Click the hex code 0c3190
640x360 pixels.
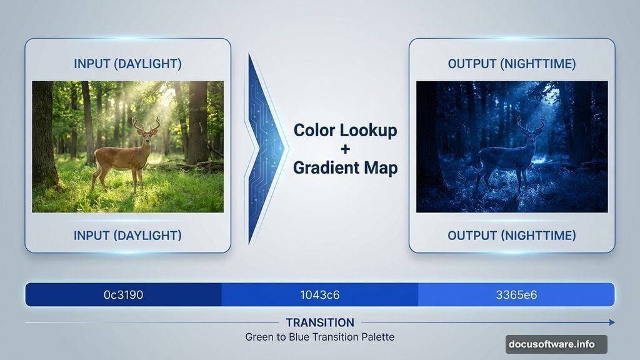123,294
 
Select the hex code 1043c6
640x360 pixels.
319,294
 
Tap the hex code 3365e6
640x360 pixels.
516,294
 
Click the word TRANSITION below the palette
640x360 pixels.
319,322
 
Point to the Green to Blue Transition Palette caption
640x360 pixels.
319,337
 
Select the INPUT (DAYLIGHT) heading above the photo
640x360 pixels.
127,64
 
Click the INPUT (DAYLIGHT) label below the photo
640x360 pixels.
127,236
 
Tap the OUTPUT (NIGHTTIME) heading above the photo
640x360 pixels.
512,64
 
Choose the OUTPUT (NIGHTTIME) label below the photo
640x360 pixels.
512,236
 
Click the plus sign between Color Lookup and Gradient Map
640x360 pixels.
346,149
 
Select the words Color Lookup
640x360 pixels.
346,130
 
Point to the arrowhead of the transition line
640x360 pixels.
611,322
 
